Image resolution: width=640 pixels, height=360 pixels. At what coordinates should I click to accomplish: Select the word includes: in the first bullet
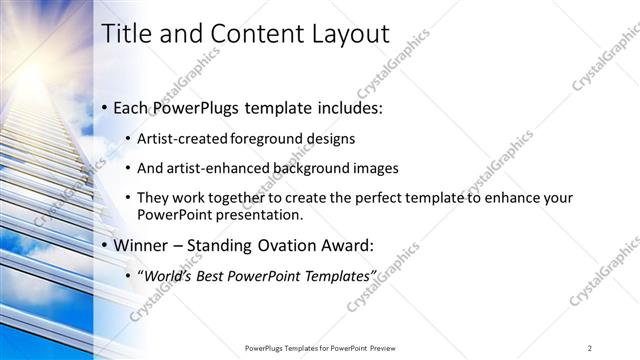[x=347, y=107]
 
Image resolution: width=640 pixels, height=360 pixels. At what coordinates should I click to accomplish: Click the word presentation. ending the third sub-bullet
[x=255, y=214]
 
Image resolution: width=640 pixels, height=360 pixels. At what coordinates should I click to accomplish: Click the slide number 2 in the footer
[x=590, y=347]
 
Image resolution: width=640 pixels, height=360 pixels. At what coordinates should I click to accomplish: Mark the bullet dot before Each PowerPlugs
[x=105, y=108]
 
